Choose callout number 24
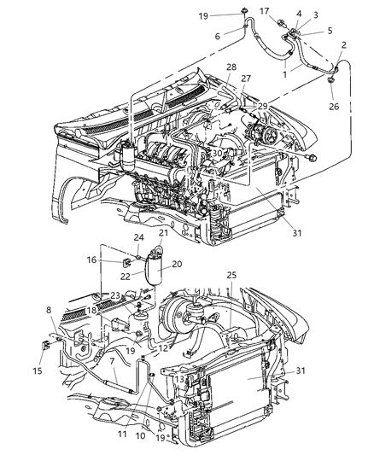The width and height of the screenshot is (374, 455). coord(137,237)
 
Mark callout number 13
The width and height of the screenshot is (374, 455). coord(178,378)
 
